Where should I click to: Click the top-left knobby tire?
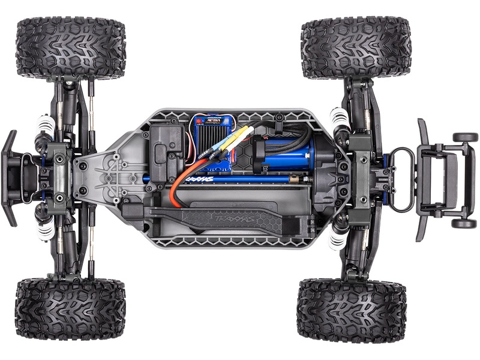tap(71, 48)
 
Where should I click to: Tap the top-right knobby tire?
tap(356, 48)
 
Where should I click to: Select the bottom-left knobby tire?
tap(70, 308)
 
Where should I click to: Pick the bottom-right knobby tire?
tap(352, 310)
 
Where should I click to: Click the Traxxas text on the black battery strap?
tap(225, 218)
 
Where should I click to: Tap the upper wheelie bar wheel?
tap(464, 137)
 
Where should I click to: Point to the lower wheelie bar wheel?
tap(464, 223)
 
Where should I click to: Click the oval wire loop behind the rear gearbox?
tap(401, 180)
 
